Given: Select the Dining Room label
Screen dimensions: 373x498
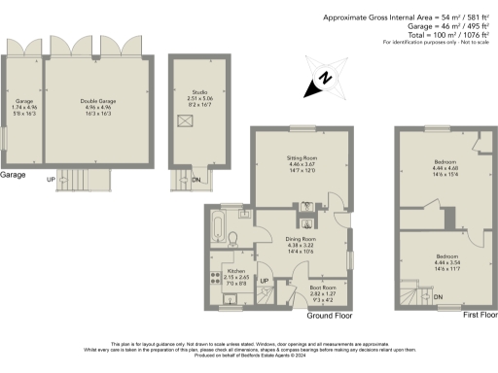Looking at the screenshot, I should point(302,238).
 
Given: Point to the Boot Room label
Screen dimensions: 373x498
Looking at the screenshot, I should point(322,288).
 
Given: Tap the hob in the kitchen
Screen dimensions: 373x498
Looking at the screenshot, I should point(216,278).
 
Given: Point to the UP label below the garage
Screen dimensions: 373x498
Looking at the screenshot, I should point(51,179).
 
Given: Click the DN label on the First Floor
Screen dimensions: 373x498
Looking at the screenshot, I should point(438,296).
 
